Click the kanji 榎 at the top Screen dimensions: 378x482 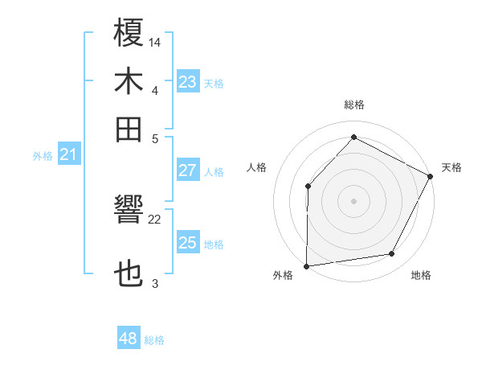coord(129,33)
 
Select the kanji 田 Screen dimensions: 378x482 coord(129,129)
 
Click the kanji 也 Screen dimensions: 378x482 coord(129,275)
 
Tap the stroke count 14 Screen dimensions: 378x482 coord(155,42)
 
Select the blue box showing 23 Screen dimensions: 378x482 coord(187,82)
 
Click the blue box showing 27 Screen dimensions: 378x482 coord(187,171)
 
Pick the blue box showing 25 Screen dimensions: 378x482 coord(187,243)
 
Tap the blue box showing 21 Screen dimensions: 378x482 coord(67,155)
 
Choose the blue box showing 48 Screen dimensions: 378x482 coord(128,339)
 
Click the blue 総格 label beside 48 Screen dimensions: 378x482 coord(154,340)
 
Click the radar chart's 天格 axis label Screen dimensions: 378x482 coord(451,167)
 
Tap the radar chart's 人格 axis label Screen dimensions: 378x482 coord(257,167)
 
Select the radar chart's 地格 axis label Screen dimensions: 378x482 coord(421,275)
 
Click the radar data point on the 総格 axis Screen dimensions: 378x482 coord(353,138)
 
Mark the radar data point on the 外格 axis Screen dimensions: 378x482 coord(306,265)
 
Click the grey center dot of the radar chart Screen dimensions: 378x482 coord(353,200)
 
